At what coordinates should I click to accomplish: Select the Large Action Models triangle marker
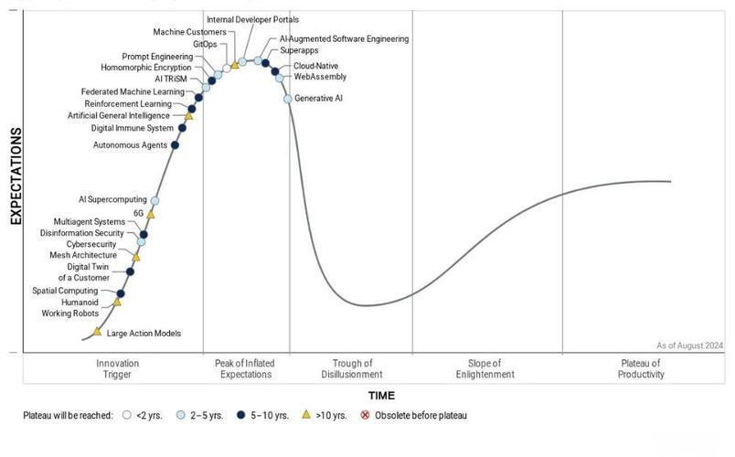[x=97, y=332]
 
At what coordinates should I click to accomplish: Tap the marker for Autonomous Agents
[x=175, y=144]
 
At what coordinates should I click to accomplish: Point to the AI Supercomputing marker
[x=154, y=200]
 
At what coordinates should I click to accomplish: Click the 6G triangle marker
[x=151, y=214]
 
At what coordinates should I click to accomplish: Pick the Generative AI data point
[x=287, y=98]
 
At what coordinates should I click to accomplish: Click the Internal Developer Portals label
[x=252, y=19]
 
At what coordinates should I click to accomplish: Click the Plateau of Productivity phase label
[x=640, y=368]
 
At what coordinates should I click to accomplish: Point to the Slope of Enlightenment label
[x=485, y=368]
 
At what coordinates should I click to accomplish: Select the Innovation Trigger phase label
[x=117, y=368]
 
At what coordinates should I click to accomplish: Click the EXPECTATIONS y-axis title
[x=16, y=176]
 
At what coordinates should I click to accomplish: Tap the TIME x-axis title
[x=381, y=396]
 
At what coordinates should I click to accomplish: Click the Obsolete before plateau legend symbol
[x=366, y=416]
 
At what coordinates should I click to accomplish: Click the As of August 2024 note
[x=689, y=345]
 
